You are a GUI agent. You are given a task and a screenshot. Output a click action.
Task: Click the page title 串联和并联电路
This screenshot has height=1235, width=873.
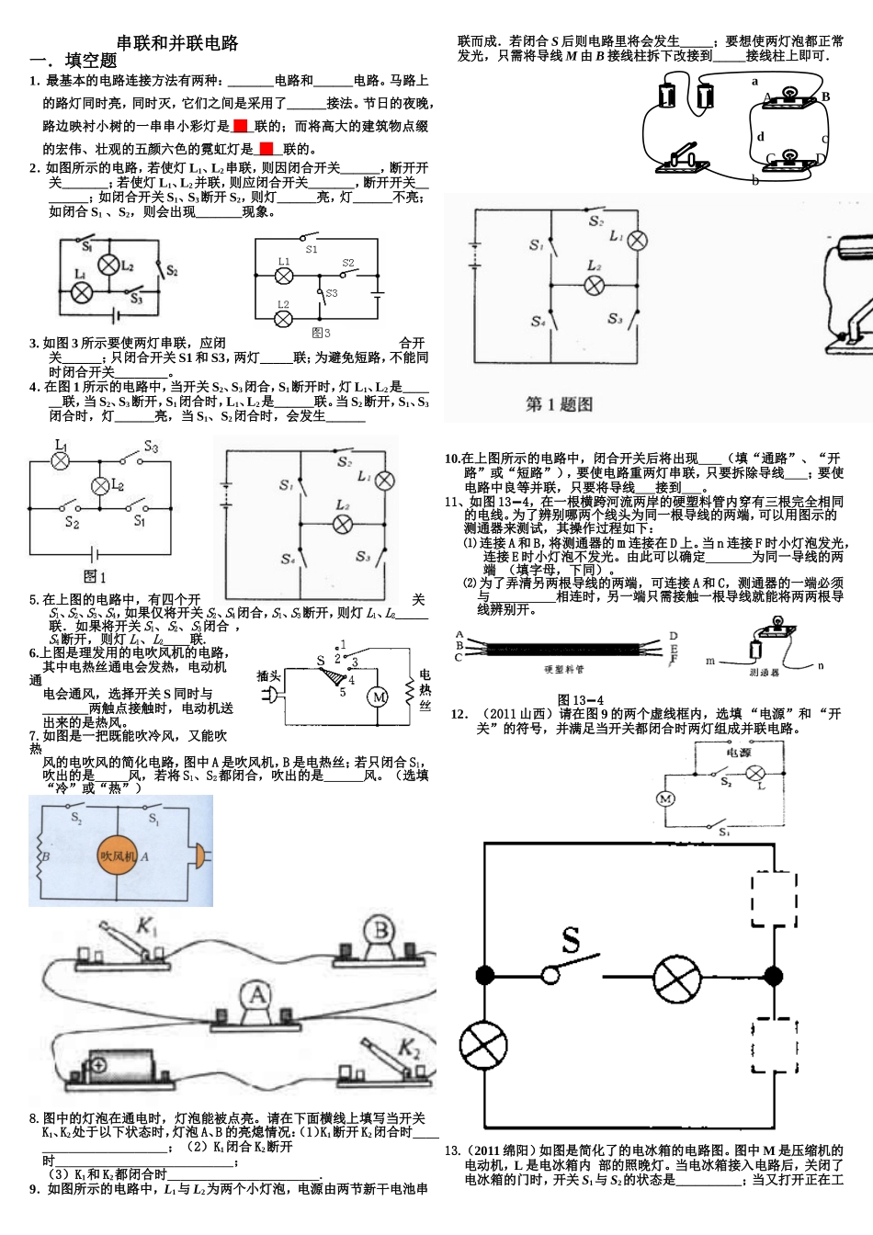click(x=177, y=42)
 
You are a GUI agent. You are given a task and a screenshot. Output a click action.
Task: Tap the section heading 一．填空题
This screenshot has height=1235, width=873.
click(x=74, y=61)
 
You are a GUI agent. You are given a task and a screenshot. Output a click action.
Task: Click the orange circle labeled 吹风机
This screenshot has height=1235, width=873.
click(x=119, y=856)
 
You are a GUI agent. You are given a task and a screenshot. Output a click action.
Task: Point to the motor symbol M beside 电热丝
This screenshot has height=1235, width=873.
click(x=379, y=697)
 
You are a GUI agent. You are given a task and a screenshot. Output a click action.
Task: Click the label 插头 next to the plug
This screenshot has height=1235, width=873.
click(x=268, y=675)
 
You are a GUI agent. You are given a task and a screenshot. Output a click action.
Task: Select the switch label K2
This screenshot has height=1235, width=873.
click(x=408, y=1048)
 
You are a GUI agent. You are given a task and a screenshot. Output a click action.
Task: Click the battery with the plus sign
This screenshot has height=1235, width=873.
click(x=119, y=1068)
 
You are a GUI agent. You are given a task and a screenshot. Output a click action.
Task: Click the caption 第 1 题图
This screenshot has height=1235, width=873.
click(x=559, y=404)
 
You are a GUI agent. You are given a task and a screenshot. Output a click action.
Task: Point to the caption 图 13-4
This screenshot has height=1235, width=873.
click(x=580, y=699)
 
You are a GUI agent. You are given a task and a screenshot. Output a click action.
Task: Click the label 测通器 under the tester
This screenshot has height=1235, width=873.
click(x=764, y=673)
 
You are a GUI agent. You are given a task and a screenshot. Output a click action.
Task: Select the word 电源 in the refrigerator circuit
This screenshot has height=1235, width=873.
click(x=739, y=752)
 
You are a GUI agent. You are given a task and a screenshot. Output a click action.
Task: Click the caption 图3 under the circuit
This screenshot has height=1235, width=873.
click(x=321, y=333)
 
